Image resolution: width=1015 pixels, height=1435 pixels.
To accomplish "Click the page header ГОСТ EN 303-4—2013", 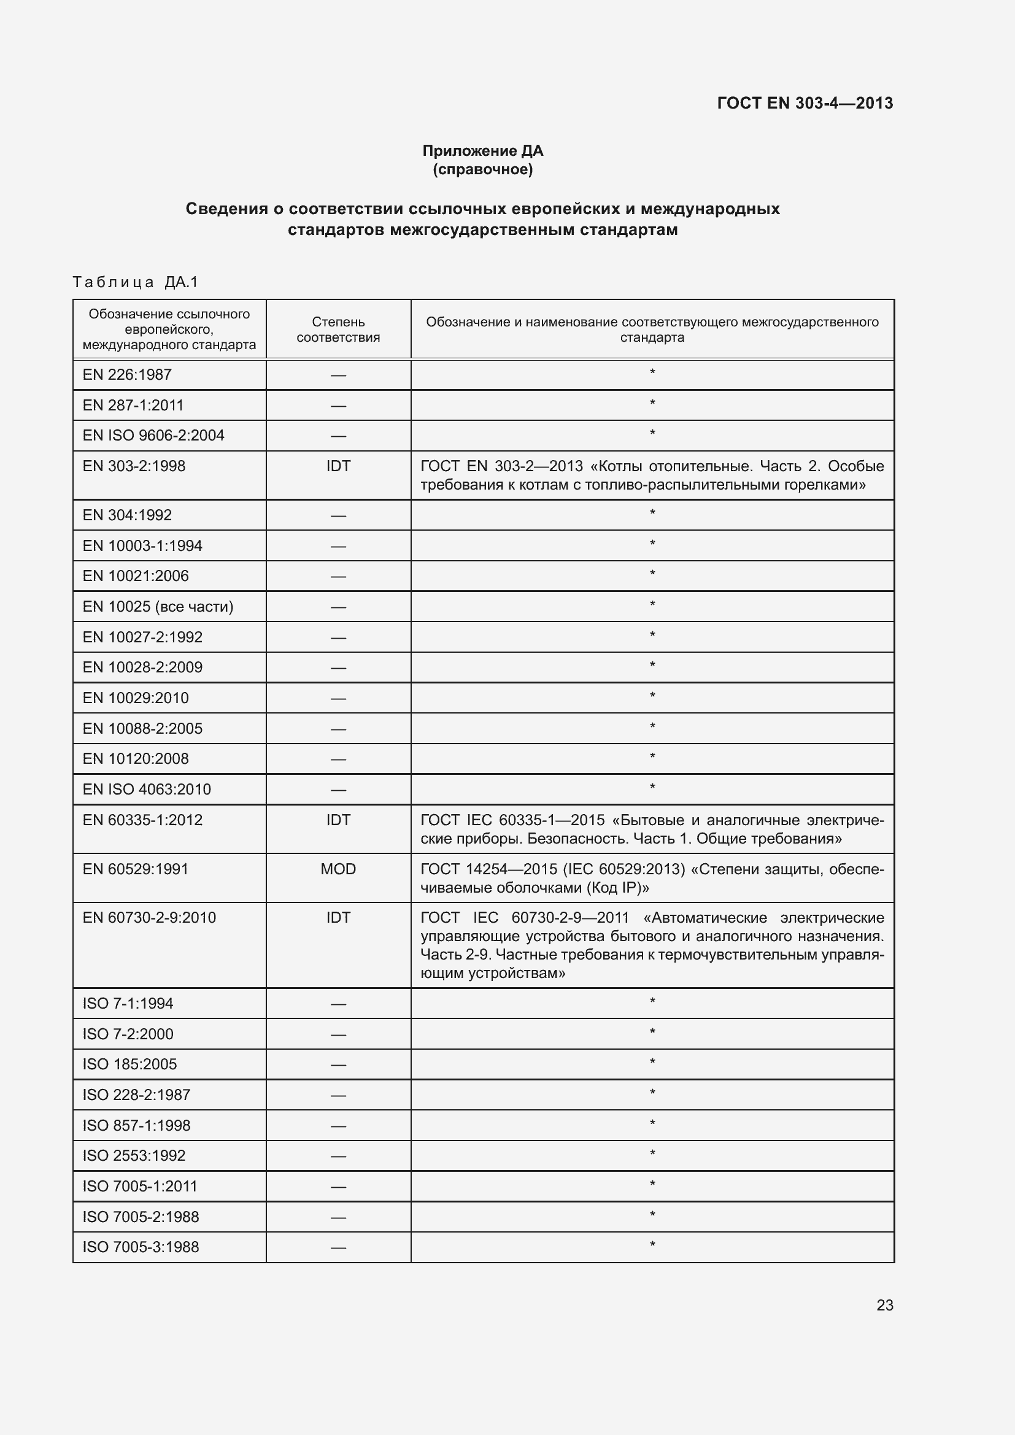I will [x=805, y=103].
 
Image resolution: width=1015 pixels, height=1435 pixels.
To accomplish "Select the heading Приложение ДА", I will [x=482, y=151].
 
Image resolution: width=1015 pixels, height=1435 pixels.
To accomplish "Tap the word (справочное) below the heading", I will [x=482, y=169].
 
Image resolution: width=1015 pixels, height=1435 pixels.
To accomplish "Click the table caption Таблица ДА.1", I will [x=135, y=282].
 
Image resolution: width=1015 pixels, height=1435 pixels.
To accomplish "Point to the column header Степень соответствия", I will [x=338, y=329].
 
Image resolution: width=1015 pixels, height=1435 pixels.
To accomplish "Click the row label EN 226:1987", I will [x=127, y=374].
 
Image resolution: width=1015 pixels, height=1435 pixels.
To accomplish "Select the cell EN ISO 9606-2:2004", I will [x=153, y=435].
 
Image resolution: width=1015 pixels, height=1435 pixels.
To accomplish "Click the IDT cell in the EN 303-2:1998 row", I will [x=338, y=466].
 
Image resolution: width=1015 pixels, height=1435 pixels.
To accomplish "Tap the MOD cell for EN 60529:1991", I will [x=338, y=869].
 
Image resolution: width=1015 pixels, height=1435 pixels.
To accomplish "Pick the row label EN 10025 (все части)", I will [x=158, y=606].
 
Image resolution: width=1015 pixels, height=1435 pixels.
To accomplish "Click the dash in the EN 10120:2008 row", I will [x=338, y=760].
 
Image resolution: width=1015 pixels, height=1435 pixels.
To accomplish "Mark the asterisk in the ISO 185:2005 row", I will [x=652, y=1063].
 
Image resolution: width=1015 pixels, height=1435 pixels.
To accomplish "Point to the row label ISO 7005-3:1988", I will [x=141, y=1247].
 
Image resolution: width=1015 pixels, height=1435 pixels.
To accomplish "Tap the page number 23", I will [x=884, y=1305].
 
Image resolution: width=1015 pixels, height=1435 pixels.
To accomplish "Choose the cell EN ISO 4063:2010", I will [x=147, y=789].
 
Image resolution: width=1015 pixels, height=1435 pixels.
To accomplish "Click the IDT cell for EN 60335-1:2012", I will [x=338, y=820].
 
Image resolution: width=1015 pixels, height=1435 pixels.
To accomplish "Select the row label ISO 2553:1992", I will [x=134, y=1155].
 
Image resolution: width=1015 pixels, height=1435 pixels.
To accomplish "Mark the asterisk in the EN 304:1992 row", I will [x=652, y=514].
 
